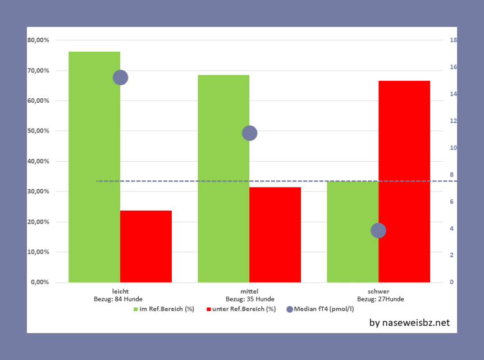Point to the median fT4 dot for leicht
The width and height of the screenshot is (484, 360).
[120, 78]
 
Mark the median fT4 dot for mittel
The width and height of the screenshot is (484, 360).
[249, 133]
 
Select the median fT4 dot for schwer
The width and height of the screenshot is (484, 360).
[378, 230]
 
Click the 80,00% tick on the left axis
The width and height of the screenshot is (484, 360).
[39, 40]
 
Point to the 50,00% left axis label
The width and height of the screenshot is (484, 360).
[39, 131]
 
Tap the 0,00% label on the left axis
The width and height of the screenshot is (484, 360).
[40, 282]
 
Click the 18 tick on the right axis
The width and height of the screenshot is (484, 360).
[453, 40]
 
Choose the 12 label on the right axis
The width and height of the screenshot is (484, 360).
[453, 121]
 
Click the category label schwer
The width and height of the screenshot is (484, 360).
[378, 291]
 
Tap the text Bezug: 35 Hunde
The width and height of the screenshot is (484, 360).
[250, 299]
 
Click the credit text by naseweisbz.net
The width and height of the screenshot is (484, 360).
[409, 322]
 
